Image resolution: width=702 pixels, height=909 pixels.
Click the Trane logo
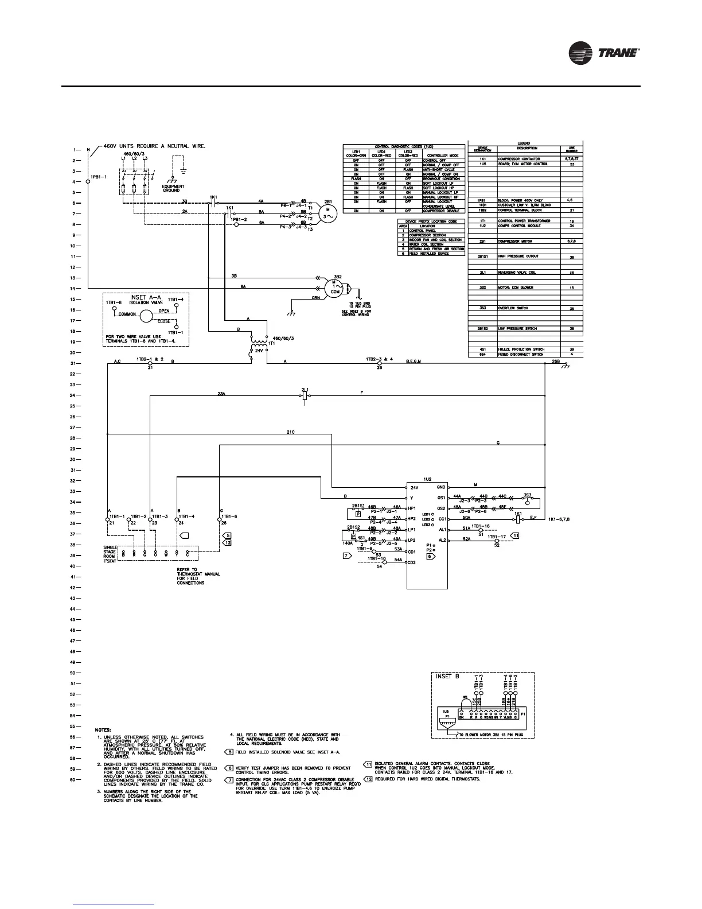point(603,53)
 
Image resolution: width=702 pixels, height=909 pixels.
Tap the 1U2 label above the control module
point(427,477)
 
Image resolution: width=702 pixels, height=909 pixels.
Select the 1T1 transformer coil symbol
point(255,342)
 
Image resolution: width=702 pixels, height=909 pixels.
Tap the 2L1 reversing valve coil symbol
point(305,395)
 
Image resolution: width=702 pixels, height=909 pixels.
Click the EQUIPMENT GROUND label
point(173,188)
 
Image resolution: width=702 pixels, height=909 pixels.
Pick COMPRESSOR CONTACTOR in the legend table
point(518,159)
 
